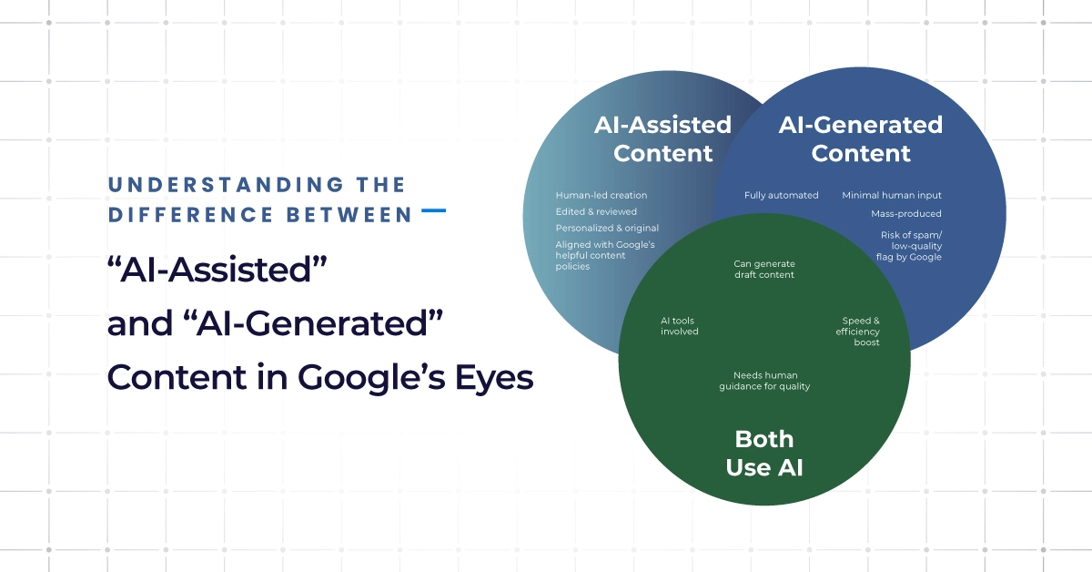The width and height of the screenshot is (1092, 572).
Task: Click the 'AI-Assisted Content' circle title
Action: (662, 138)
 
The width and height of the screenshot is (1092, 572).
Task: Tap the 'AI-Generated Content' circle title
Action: (860, 138)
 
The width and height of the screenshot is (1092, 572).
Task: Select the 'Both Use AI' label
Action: (763, 454)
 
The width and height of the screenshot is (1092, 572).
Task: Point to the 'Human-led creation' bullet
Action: (602, 195)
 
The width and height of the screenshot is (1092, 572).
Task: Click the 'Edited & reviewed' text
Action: (596, 211)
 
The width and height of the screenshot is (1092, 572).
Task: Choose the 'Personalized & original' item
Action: (607, 228)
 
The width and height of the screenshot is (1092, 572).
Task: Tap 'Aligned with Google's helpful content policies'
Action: (605, 255)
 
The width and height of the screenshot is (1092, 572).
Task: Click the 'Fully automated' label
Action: (781, 195)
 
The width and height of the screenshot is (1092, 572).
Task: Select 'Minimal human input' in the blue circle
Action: (891, 195)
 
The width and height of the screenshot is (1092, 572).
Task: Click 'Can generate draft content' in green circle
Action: (763, 269)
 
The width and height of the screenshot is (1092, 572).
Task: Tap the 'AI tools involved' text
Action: (679, 326)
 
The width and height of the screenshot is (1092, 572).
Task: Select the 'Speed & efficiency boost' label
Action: (858, 331)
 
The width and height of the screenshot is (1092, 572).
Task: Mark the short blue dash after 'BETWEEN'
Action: (434, 210)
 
